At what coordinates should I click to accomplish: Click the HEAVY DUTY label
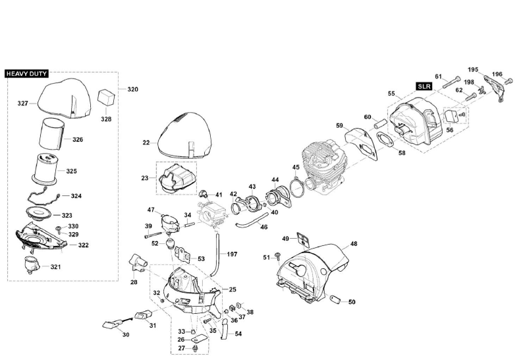coord(26,75)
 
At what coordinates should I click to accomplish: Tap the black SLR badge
coord(424,86)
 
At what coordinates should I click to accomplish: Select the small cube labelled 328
coord(105,97)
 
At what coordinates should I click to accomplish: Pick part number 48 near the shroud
coord(354,244)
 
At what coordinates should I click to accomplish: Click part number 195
coord(473,69)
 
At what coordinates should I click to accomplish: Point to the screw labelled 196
coord(507,81)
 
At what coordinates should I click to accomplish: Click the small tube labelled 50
coord(335,300)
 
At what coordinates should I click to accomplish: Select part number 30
coord(125,336)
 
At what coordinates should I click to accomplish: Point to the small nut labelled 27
coord(196,347)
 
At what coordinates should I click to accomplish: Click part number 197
coord(232,254)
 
